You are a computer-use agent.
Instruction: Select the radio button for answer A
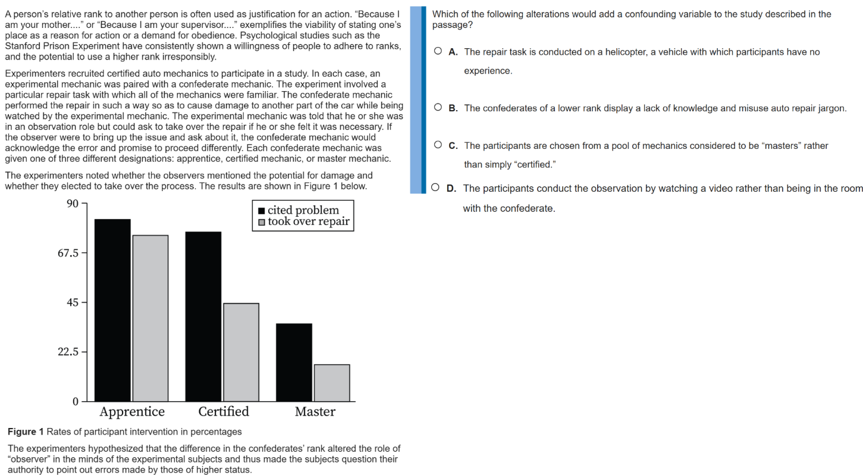(x=438, y=51)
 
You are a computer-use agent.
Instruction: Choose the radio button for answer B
(x=438, y=108)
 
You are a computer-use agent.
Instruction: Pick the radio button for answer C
(x=438, y=145)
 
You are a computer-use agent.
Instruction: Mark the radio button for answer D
(x=435, y=188)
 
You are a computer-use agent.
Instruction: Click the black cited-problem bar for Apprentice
(x=112, y=310)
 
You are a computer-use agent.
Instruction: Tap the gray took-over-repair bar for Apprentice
(x=150, y=318)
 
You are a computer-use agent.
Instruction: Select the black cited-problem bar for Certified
(x=203, y=316)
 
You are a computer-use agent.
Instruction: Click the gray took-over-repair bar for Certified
(x=241, y=352)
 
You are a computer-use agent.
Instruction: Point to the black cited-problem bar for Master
(x=294, y=362)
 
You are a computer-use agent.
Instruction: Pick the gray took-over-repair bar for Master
(x=332, y=383)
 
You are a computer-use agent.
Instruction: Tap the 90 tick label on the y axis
(x=73, y=204)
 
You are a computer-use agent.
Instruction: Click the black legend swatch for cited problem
(x=262, y=211)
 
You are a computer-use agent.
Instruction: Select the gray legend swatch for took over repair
(x=262, y=223)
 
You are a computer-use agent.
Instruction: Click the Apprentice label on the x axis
(x=132, y=411)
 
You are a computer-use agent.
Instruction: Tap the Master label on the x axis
(x=315, y=411)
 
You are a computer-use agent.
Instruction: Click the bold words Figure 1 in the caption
(x=26, y=432)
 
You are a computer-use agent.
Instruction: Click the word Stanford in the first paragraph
(x=21, y=46)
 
